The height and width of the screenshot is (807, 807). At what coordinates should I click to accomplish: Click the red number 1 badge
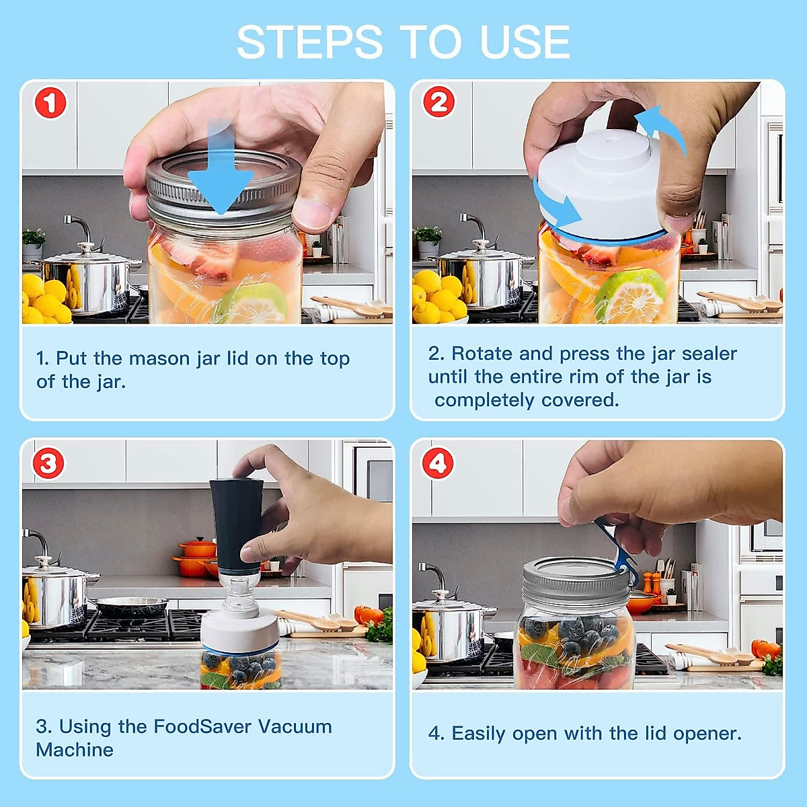coord(50,103)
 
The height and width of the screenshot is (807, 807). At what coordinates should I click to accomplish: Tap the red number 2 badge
coord(439,102)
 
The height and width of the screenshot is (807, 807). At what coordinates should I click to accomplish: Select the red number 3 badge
coord(48,463)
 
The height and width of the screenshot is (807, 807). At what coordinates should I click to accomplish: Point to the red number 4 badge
coord(438,463)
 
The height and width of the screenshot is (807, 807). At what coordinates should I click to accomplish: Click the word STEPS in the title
coord(309,42)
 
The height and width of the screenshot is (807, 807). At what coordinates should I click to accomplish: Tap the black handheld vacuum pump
coord(236,526)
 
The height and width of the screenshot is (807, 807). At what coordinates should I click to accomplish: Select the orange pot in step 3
coord(196,557)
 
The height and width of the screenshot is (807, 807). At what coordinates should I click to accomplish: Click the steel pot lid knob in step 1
coord(85,247)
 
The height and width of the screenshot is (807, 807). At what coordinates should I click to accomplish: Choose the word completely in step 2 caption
coord(484,401)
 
